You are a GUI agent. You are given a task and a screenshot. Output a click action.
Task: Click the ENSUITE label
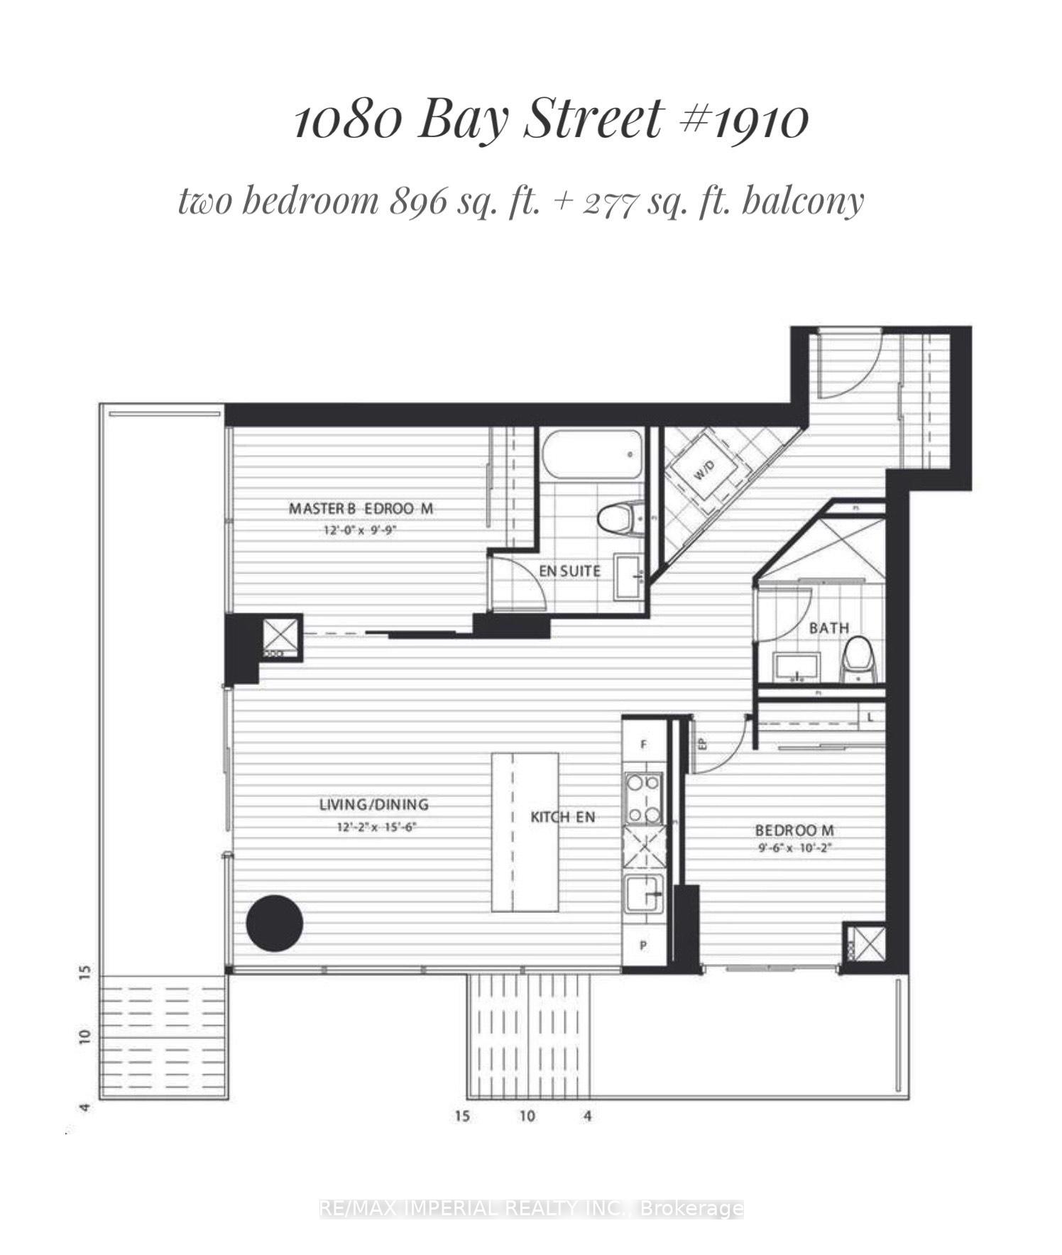tap(569, 571)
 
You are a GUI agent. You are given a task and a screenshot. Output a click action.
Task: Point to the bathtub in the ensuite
tap(592, 452)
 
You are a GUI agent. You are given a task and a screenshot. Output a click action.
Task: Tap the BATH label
tap(828, 628)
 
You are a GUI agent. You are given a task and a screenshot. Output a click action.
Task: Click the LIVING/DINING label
tap(373, 805)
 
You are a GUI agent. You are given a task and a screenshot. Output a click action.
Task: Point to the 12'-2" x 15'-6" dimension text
tap(374, 827)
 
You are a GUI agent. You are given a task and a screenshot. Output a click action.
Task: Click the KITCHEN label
tap(563, 817)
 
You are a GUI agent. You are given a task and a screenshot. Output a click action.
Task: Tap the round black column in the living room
tap(275, 924)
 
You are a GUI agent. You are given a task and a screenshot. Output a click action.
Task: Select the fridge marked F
tap(644, 745)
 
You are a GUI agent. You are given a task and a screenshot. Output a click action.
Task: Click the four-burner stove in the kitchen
tap(644, 799)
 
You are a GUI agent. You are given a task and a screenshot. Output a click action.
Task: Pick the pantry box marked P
tap(644, 946)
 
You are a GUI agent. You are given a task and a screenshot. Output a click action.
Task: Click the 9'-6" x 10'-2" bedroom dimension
tap(794, 848)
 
